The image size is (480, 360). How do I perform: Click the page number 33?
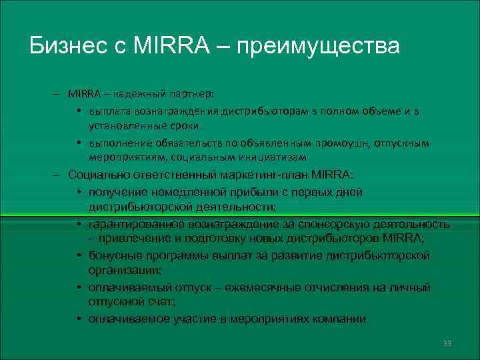coord(447,343)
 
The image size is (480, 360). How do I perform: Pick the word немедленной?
coord(174,192)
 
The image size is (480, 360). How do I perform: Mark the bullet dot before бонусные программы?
coord(79,256)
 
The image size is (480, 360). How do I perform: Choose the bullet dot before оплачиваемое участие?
coord(79,319)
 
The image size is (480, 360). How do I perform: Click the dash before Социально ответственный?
coord(59,174)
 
